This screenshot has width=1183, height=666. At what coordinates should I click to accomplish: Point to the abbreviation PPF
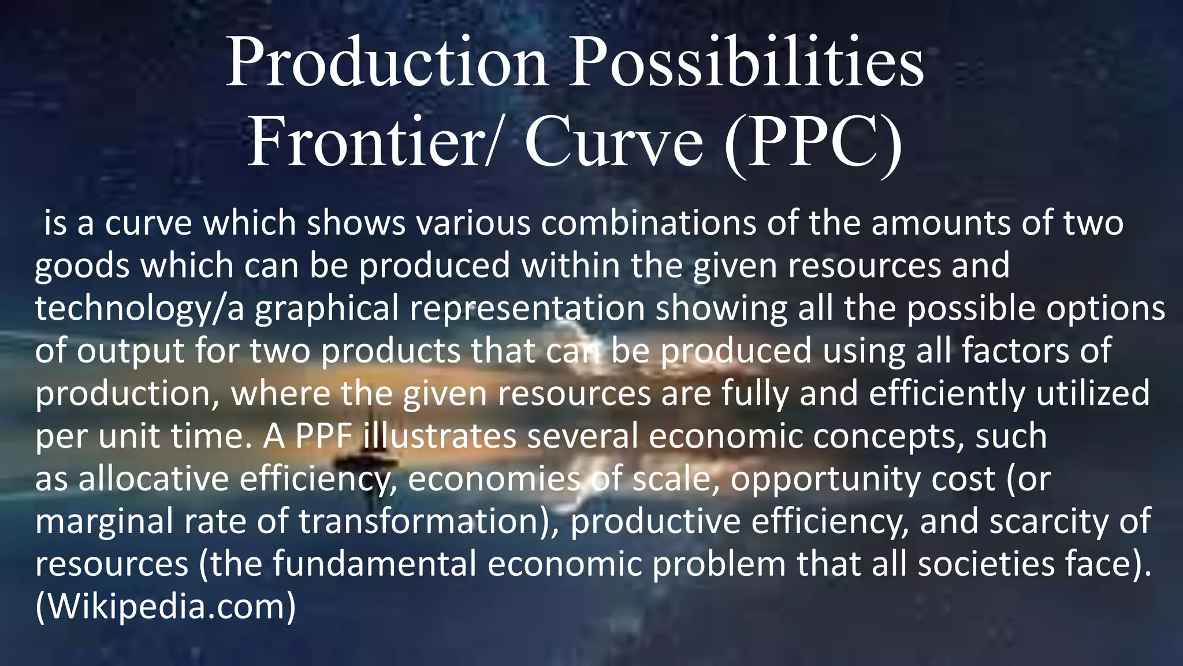click(x=324, y=436)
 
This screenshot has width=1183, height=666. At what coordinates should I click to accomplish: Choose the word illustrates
click(x=440, y=436)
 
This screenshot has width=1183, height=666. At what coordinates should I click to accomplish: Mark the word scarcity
click(x=1049, y=522)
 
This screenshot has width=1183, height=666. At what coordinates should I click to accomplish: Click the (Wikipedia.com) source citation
click(x=166, y=607)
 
